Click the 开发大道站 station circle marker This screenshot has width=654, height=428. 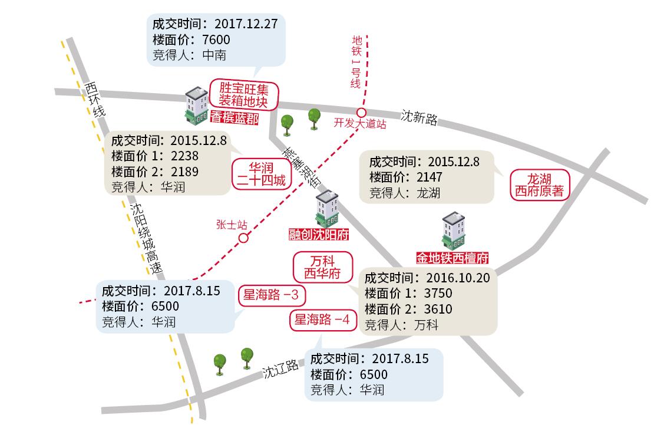(361, 113)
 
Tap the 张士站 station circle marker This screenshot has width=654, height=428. (243, 238)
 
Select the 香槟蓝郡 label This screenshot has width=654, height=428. (234, 119)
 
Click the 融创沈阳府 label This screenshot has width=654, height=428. (319, 235)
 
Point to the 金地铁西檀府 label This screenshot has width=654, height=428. (452, 258)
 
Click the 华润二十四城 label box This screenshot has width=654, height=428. (260, 173)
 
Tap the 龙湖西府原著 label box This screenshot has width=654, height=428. (540, 184)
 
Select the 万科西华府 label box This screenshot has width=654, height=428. (322, 267)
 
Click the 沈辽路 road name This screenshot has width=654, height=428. (280, 370)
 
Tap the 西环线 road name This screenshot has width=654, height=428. (94, 99)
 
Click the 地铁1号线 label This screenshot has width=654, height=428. (356, 61)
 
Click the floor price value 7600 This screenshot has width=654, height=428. (216, 40)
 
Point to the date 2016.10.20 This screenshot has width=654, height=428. (460, 278)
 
